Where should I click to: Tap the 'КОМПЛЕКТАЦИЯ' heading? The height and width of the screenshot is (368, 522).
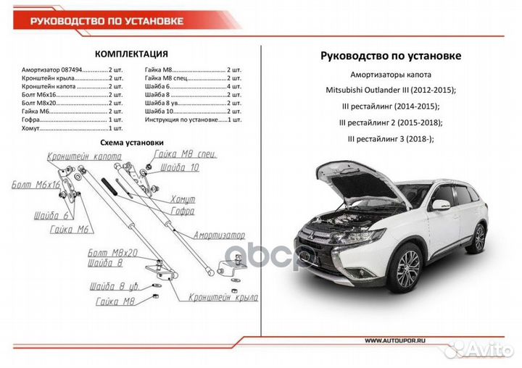point(132,54)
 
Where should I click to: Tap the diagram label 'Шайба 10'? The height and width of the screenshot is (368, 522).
point(180,167)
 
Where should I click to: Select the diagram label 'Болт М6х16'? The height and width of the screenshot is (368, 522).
point(35,186)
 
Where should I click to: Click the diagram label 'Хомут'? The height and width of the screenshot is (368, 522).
point(183,198)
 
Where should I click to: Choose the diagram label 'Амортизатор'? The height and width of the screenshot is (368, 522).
point(218,236)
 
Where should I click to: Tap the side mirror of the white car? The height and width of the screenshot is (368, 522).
point(439,206)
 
